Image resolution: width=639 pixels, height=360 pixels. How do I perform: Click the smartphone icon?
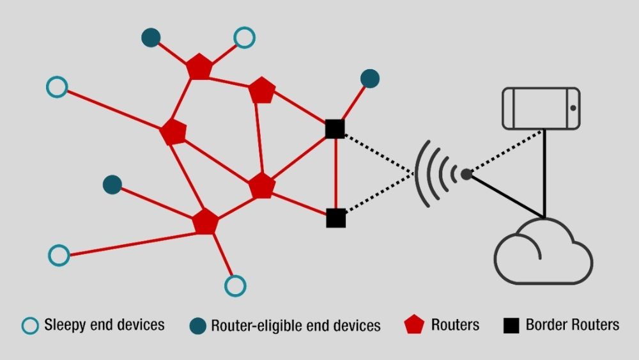pos(541,108)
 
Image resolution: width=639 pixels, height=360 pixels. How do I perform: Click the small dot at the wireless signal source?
pos(466,173)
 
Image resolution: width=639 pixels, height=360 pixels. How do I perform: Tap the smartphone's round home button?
pos(573,108)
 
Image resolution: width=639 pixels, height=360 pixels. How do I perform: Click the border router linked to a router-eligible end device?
pos(335,129)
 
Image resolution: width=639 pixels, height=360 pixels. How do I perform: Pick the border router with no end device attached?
pos(335,218)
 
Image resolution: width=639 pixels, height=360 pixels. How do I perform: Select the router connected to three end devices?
pos(205,221)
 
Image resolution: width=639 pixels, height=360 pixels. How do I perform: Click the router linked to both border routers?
pos(261,185)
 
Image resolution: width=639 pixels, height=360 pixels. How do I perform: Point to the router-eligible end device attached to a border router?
pos(370,78)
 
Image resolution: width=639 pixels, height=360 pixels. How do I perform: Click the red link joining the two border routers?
pos(335,173)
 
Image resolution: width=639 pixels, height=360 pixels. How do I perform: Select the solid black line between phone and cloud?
pos(544,173)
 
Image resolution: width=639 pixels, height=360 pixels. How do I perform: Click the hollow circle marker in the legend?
pos(30,325)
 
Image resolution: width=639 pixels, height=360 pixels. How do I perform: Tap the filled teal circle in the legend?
pos(199,325)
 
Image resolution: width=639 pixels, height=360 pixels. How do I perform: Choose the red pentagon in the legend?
pos(415,325)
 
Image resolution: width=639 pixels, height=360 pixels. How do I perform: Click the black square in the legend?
pos(511,325)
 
